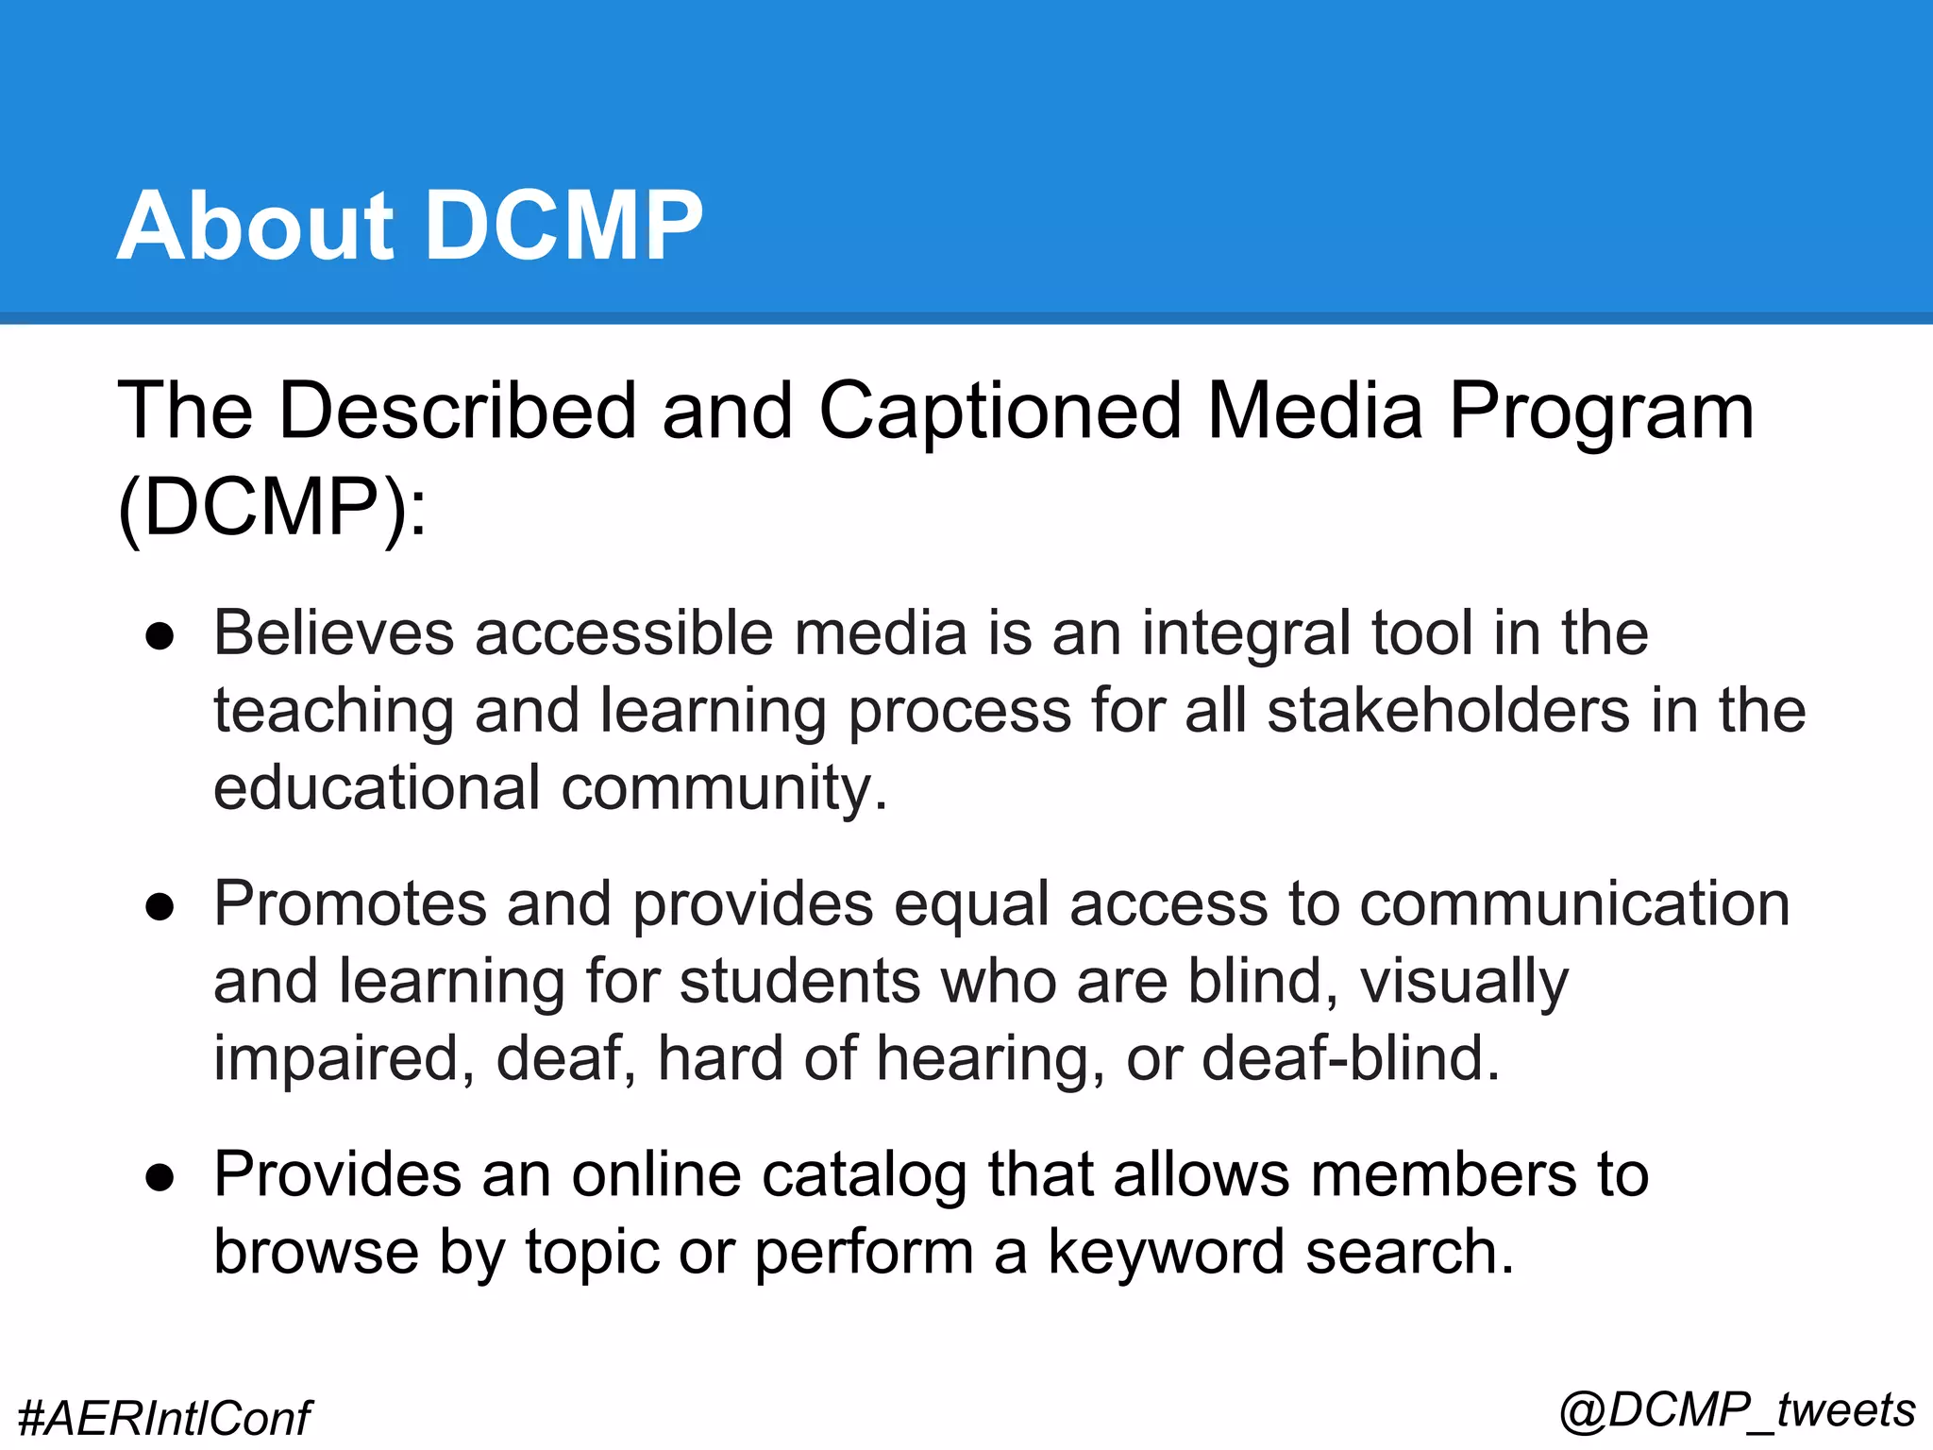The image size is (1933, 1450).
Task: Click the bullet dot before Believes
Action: (x=160, y=636)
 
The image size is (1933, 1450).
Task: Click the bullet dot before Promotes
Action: (x=160, y=907)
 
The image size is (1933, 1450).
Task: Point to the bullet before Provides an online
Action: (x=160, y=1178)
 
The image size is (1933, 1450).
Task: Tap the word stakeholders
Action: (x=1448, y=711)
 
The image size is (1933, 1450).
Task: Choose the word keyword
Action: (x=1167, y=1253)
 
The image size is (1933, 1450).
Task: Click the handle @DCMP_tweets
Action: (x=1737, y=1411)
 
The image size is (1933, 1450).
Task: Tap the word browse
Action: (x=316, y=1253)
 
